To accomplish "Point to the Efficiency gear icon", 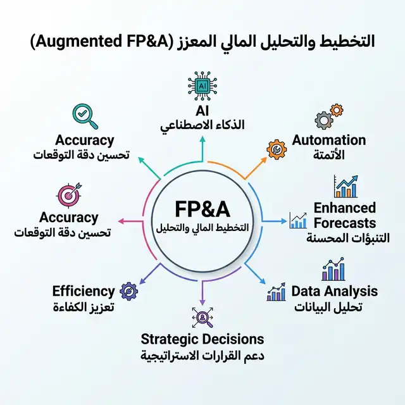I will tap(129, 291).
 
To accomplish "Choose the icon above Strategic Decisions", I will tap(202, 316).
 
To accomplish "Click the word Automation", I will tap(328, 140).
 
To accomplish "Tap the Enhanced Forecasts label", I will tap(344, 215).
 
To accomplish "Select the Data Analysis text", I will tap(334, 291).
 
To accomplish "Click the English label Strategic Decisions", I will tap(202, 339).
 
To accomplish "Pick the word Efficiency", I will tap(84, 291).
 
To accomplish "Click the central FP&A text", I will tap(202, 209).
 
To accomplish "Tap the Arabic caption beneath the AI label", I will tap(202, 127).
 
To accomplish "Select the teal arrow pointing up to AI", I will tap(202, 144).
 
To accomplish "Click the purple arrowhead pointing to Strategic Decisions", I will tap(202, 301).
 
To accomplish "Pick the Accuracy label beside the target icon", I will tap(69, 218).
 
